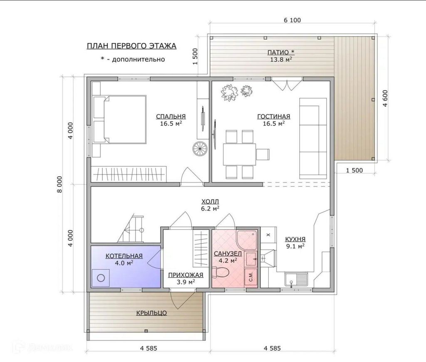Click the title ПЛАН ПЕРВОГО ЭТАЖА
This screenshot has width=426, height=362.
tap(131, 46)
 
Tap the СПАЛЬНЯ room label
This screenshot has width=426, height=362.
tap(171, 116)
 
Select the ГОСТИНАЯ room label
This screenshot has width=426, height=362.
tap(274, 116)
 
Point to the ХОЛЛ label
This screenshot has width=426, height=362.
tap(210, 202)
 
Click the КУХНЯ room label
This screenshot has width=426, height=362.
tap(295, 239)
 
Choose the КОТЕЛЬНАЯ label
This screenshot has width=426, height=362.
tap(124, 256)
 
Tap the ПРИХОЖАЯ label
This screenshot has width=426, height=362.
tap(186, 275)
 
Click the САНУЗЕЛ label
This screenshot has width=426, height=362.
tap(228, 254)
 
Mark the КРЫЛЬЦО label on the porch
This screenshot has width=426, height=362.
tap(151, 313)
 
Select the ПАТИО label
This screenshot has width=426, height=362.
tap(281, 52)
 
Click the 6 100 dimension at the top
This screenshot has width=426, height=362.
tap(292, 20)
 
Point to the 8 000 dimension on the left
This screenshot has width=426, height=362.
tap(59, 185)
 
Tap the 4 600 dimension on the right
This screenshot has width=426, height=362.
tap(385, 98)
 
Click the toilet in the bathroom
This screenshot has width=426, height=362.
tap(220, 272)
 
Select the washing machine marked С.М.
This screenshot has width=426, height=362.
tap(250, 277)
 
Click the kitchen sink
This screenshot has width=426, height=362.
tap(296, 280)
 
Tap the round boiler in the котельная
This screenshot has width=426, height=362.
tap(101, 278)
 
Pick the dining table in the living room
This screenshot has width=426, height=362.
tap(239, 155)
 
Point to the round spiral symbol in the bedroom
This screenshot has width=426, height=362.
tap(200, 149)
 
